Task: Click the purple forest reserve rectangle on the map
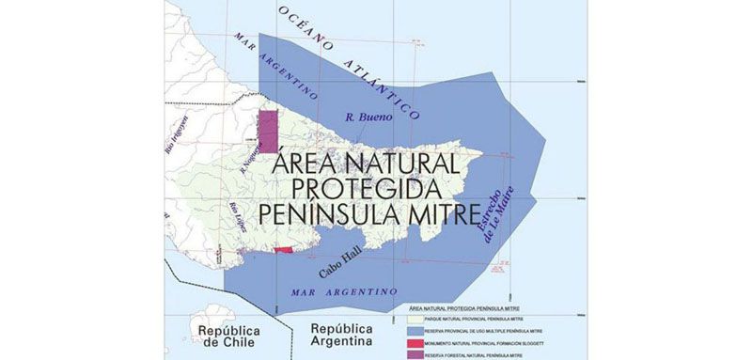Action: coord(269,131)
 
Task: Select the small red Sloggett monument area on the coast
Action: coord(283,250)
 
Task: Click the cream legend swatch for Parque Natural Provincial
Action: coord(402,319)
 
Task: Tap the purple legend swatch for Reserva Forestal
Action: coord(402,355)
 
